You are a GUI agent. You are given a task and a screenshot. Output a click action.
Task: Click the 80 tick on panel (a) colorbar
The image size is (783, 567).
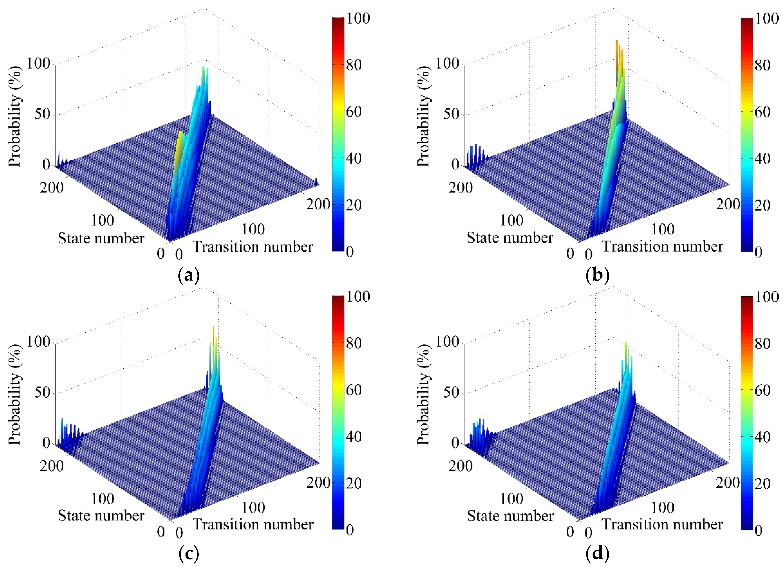(354, 65)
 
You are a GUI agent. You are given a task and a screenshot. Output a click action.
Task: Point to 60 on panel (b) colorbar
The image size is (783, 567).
(762, 112)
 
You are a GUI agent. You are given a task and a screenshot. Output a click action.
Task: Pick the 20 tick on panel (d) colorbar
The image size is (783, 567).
(762, 483)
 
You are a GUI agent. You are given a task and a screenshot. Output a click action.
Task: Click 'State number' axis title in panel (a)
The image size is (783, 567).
(101, 238)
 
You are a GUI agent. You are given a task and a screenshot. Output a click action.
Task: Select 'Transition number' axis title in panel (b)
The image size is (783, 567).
(662, 246)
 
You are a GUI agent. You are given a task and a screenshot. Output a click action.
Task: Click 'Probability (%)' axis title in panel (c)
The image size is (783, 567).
(15, 394)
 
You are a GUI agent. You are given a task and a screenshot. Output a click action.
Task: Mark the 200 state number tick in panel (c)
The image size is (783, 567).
(52, 466)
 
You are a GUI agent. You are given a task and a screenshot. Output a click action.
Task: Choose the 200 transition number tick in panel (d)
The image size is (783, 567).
(727, 482)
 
